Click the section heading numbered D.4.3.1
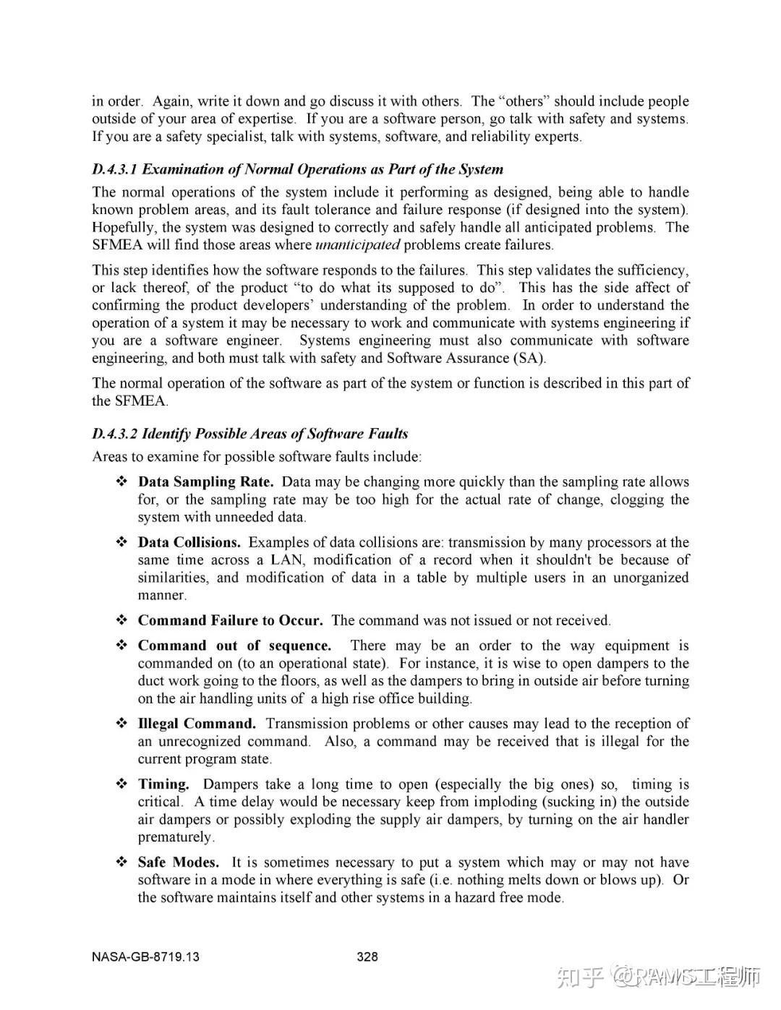[x=297, y=170]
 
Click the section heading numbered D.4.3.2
[x=249, y=434]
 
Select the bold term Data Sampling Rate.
[x=206, y=482]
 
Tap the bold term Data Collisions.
[x=189, y=543]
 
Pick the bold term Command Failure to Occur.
[x=231, y=621]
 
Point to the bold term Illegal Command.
[x=197, y=724]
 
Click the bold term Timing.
[x=163, y=784]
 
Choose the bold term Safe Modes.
[x=179, y=863]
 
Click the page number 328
[x=367, y=957]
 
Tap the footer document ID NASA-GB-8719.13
[x=145, y=957]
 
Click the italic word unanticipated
[x=358, y=245]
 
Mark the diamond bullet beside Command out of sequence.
[x=122, y=646]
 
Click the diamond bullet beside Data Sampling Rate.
[x=122, y=482]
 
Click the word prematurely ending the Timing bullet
[x=176, y=837]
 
